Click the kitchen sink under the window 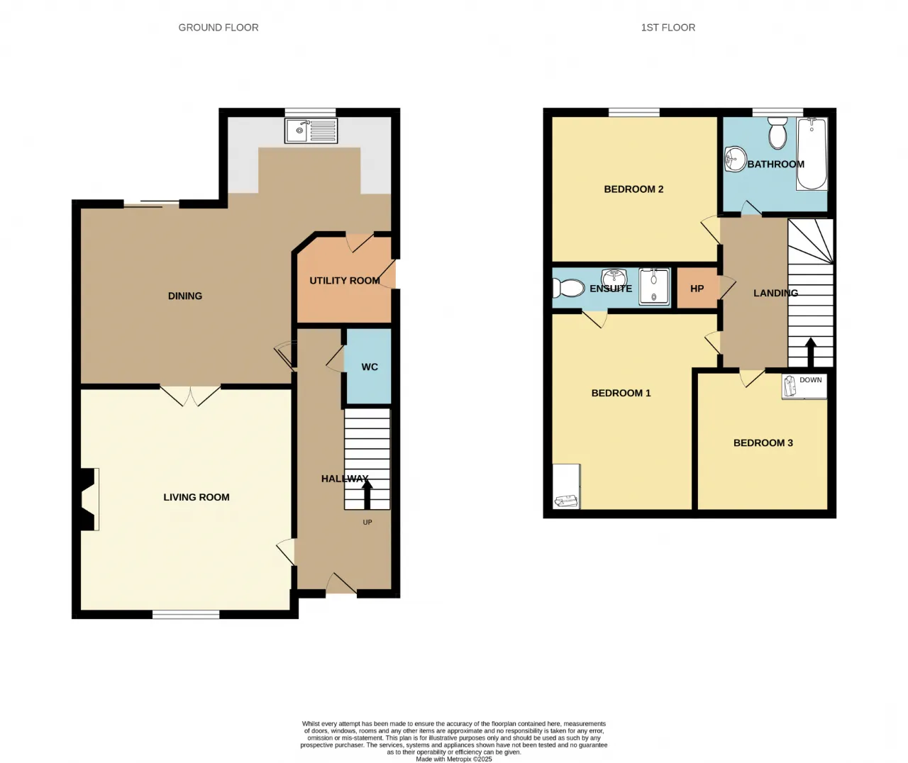(x=311, y=130)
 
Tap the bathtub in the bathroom (x=812, y=154)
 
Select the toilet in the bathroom (x=777, y=133)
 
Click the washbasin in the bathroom (x=736, y=159)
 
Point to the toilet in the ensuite (x=568, y=288)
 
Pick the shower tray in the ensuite (x=654, y=286)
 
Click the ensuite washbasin (x=614, y=277)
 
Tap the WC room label (x=370, y=367)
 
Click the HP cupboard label (x=697, y=289)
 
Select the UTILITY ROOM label (x=345, y=281)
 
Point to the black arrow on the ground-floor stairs (x=367, y=495)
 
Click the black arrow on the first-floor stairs (x=810, y=352)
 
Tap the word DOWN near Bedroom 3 (x=811, y=380)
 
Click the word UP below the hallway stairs (x=367, y=522)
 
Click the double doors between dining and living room (x=191, y=396)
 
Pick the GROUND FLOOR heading (x=218, y=28)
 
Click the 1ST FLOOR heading (x=668, y=28)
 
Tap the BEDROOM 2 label (x=633, y=189)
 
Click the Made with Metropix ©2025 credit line (x=453, y=759)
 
